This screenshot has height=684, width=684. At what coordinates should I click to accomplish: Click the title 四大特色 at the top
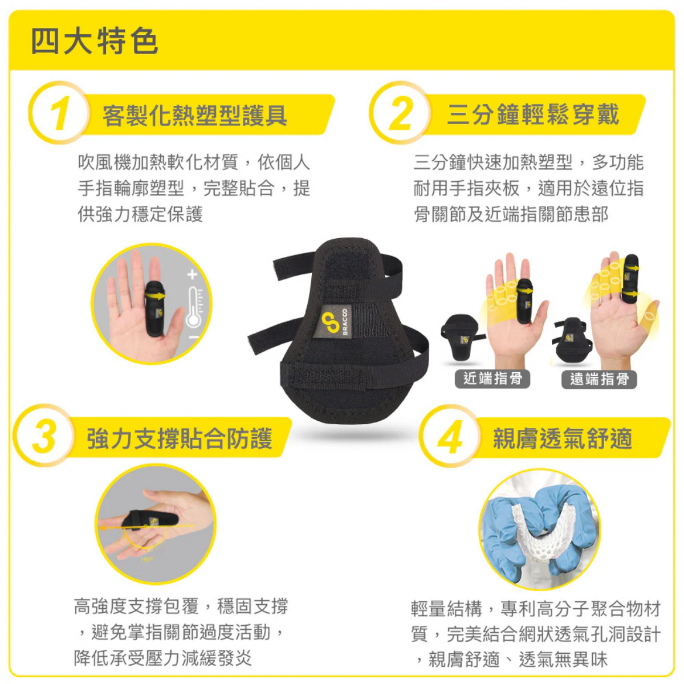coord(94,42)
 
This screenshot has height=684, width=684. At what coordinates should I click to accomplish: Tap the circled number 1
coord(59,113)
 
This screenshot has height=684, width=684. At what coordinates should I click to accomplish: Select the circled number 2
coord(401,113)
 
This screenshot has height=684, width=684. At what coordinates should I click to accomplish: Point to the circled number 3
coord(44,437)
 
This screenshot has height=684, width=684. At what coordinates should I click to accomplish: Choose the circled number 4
coord(450,438)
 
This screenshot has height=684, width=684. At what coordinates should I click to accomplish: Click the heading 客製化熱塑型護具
coord(195,116)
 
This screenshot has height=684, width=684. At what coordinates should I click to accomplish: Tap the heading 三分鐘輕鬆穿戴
coord(533,115)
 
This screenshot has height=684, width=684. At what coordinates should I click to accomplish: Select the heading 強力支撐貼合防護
coord(180,439)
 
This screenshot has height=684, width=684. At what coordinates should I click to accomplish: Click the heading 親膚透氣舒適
coord(563,439)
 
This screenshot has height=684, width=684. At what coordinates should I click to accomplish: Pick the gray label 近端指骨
coord(492,378)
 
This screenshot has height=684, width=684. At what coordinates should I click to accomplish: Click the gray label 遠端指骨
coord(599,379)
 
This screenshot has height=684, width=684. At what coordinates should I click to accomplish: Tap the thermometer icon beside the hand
coord(194,308)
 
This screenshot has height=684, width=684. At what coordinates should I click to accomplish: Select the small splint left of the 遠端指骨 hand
coord(570,341)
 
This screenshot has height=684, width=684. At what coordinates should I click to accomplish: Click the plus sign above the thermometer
coord(192,274)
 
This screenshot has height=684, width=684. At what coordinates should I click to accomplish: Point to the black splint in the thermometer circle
coord(154,308)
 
